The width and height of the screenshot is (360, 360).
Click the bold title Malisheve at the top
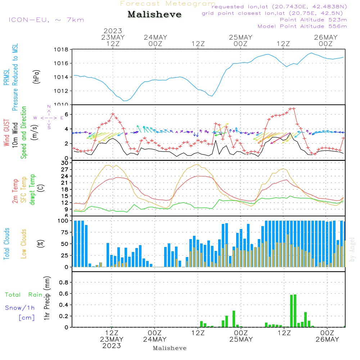154,15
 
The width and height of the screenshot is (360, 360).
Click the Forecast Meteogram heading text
168,4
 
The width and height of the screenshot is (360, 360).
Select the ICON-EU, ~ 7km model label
46,20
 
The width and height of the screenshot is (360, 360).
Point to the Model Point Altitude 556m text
302,26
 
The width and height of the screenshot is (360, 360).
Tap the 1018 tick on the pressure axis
61,50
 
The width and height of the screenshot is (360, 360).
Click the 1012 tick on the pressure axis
61,91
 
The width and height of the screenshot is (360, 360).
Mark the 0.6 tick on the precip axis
64,294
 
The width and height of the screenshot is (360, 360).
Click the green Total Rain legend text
24,295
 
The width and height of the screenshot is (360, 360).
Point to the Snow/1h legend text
20,308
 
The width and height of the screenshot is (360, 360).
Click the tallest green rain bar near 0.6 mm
295,310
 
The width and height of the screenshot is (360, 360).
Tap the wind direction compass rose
49,117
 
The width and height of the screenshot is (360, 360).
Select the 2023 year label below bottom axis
112,346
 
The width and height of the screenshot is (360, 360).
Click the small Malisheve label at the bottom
170,348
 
